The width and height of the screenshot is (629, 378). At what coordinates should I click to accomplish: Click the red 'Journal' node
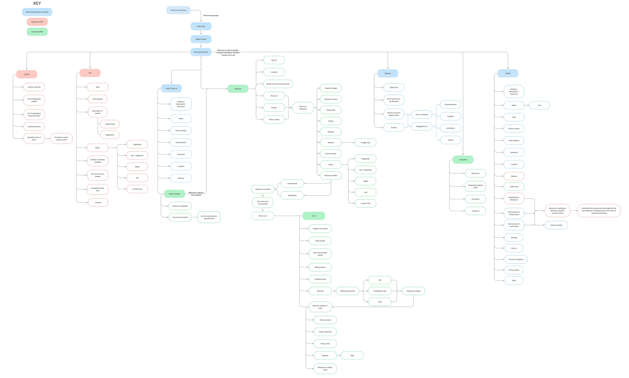coord(27,74)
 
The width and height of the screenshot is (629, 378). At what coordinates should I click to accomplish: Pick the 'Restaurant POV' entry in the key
coord(37,22)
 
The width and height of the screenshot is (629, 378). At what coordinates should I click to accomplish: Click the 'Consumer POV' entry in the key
coord(37,32)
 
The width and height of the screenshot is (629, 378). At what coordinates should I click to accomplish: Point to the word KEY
coord(37,3)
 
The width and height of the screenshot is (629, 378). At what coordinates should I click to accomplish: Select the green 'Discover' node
coord(238,89)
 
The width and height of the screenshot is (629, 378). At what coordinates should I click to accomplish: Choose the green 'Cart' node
coord(314,216)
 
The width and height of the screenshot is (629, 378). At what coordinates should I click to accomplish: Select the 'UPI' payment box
coord(380,280)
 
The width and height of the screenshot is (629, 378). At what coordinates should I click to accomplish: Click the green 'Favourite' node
coord(463,160)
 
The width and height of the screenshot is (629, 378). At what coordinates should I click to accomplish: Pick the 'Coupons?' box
coord(475,211)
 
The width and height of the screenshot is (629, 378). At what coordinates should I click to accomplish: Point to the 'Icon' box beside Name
coord(539,105)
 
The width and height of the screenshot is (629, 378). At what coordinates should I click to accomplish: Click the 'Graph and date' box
coord(556,225)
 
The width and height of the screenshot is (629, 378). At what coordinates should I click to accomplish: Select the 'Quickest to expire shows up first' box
coord(62,139)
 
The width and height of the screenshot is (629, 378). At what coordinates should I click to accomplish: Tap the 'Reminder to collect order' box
coord(325,369)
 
